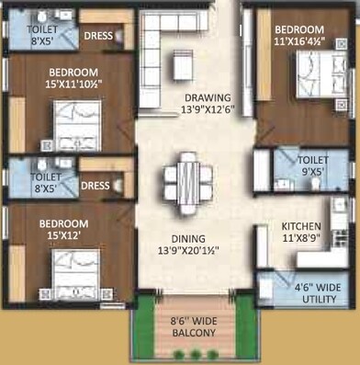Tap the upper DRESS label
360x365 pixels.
point(98,37)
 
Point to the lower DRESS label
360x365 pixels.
point(95,186)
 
